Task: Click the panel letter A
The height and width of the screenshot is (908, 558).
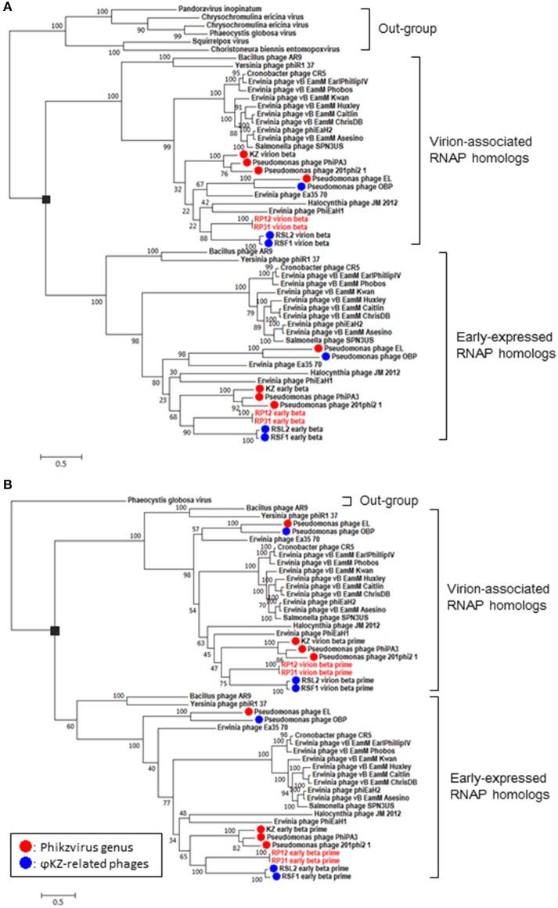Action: pos(6,5)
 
